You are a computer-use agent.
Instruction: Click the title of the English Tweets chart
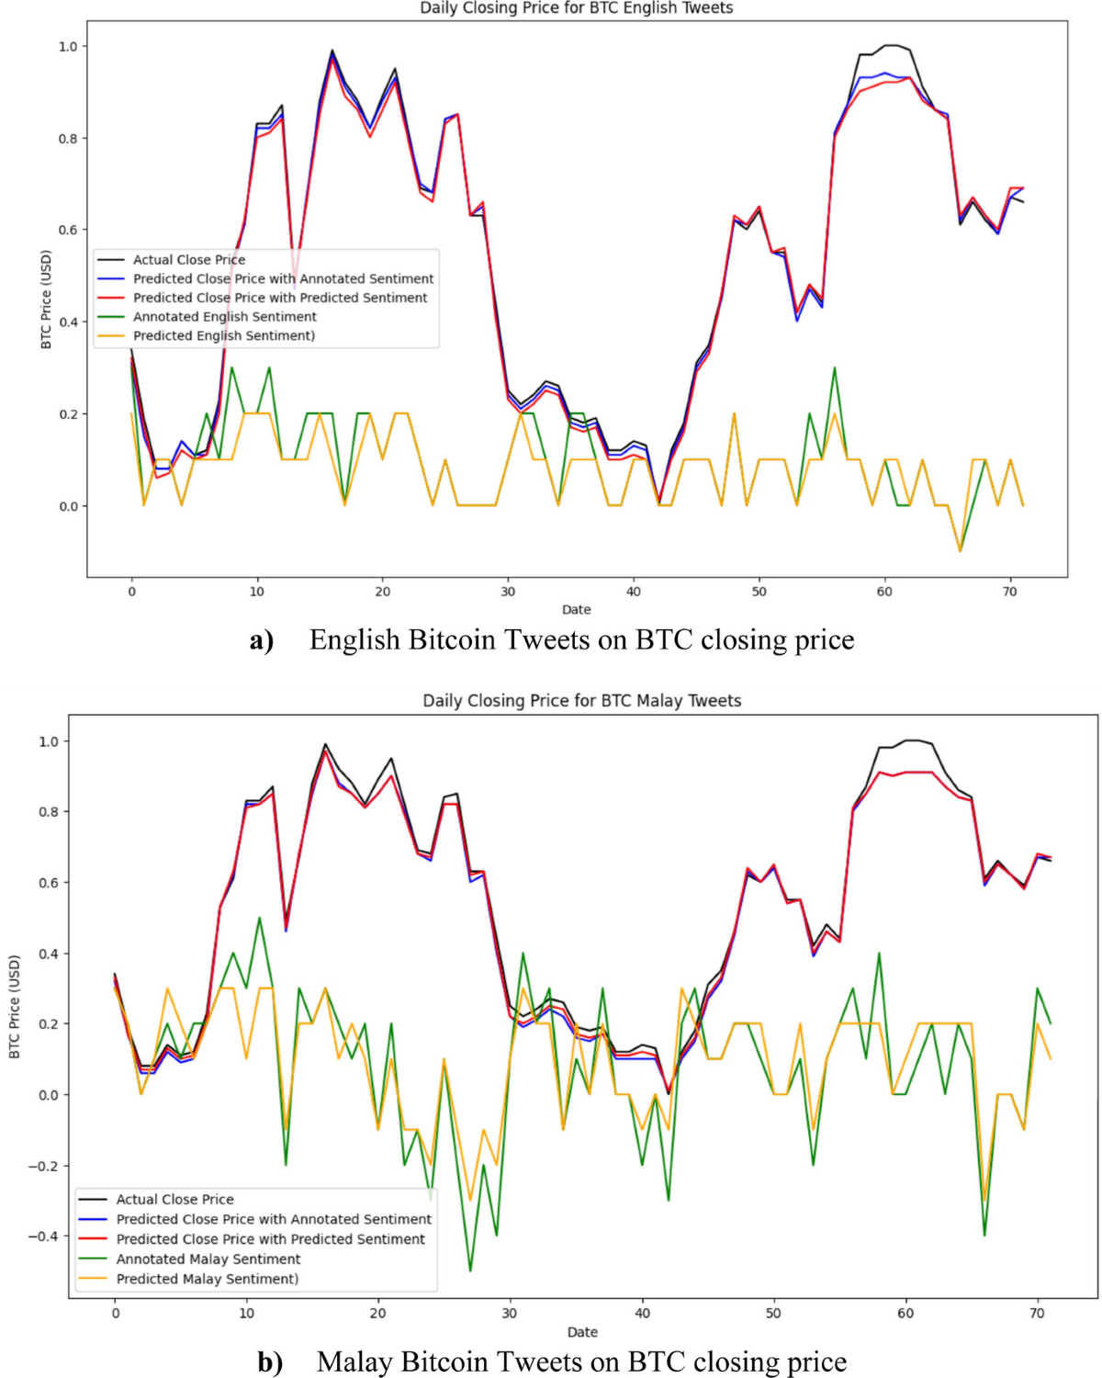tap(576, 8)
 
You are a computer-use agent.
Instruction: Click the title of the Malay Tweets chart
tap(581, 700)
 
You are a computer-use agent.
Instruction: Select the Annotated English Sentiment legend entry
tap(224, 316)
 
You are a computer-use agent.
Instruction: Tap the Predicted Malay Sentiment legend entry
tap(207, 1279)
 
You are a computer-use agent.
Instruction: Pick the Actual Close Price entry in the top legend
tap(188, 260)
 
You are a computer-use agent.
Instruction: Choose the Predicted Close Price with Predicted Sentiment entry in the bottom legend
tap(270, 1239)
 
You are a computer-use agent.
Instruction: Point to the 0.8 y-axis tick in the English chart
tap(68, 139)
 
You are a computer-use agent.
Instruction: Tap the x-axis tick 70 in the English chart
tap(1009, 592)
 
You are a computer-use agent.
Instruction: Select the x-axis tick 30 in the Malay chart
tap(510, 1314)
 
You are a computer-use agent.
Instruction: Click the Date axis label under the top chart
tap(576, 610)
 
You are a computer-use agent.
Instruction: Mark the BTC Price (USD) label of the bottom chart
tap(15, 1006)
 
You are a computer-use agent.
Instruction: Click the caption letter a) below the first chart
tap(262, 640)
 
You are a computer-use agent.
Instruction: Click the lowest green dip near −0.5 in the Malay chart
tap(470, 1271)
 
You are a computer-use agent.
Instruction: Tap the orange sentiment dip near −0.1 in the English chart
tap(961, 551)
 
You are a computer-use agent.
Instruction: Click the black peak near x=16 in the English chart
tap(332, 51)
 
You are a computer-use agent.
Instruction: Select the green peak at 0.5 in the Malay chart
tap(260, 918)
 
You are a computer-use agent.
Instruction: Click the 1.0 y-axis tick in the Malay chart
tap(49, 741)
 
